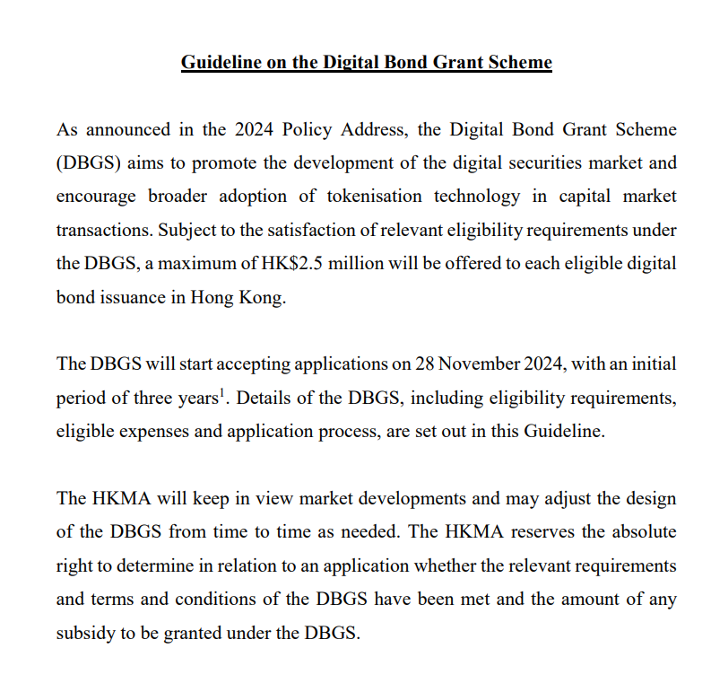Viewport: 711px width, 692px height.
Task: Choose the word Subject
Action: coord(189,230)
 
